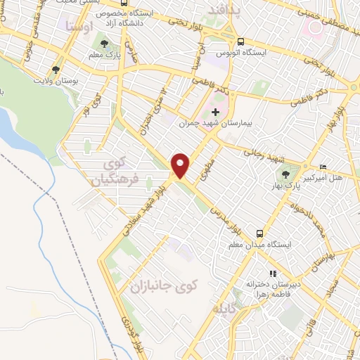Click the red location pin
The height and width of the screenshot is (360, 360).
181,165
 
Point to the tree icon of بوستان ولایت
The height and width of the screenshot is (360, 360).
56,70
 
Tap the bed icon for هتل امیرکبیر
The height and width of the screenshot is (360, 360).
323,167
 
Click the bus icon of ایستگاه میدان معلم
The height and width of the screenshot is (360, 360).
260,233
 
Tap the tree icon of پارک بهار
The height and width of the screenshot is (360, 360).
286,173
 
